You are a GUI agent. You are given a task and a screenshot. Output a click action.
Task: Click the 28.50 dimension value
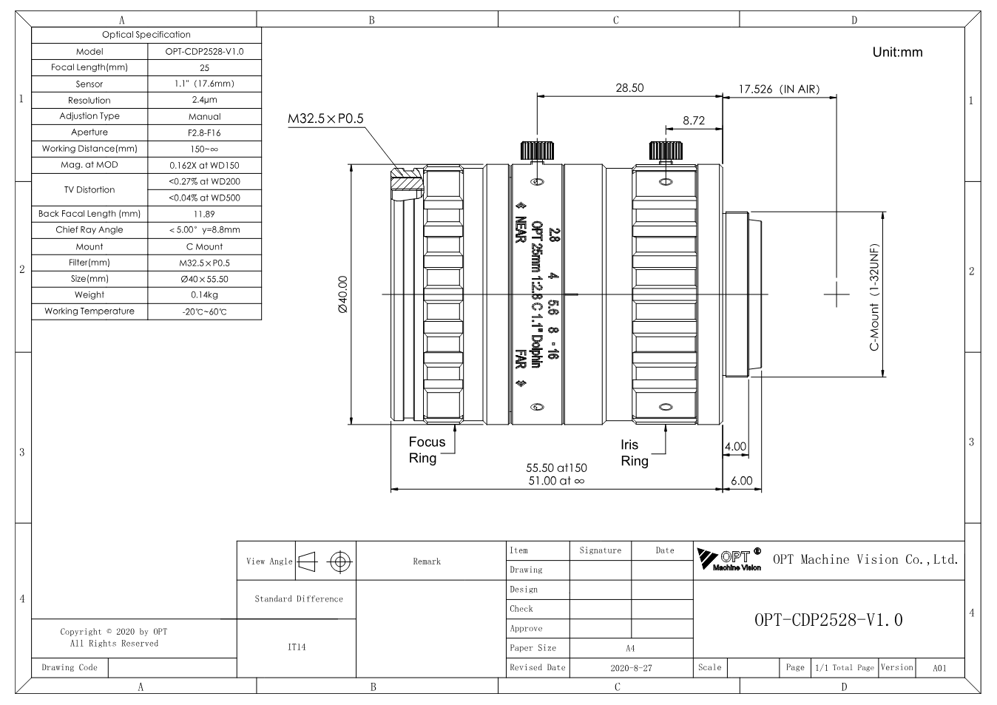629,88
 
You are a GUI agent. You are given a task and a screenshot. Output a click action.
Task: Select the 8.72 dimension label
694,121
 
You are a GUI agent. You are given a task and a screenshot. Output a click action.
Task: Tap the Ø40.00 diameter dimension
342,294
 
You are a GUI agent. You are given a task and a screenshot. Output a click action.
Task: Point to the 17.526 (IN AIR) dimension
779,89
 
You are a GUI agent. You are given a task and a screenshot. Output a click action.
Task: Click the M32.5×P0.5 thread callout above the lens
325,118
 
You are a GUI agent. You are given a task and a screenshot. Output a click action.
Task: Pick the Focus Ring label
427,450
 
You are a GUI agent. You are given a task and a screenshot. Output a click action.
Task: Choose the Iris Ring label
635,453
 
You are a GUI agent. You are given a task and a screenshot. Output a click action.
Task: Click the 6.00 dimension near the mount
742,481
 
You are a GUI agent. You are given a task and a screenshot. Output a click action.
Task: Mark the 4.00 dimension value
735,446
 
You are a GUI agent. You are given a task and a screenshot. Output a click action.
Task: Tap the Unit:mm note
897,52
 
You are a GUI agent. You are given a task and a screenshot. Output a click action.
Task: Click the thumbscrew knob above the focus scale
537,150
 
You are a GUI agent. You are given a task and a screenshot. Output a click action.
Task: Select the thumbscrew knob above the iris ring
666,150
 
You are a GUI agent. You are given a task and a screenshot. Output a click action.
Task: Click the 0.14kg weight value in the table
204,294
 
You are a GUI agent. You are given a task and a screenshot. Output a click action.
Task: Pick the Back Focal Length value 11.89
204,214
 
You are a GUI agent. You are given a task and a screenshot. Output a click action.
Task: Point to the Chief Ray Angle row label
89,229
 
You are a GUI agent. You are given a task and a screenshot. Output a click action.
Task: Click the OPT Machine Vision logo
729,559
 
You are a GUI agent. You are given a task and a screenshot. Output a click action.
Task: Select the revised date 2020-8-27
631,667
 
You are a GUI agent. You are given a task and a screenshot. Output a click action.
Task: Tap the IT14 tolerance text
297,647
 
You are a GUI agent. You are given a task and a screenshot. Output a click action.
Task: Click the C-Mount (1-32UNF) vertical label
875,297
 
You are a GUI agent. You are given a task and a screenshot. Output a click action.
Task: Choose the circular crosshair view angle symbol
340,561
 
